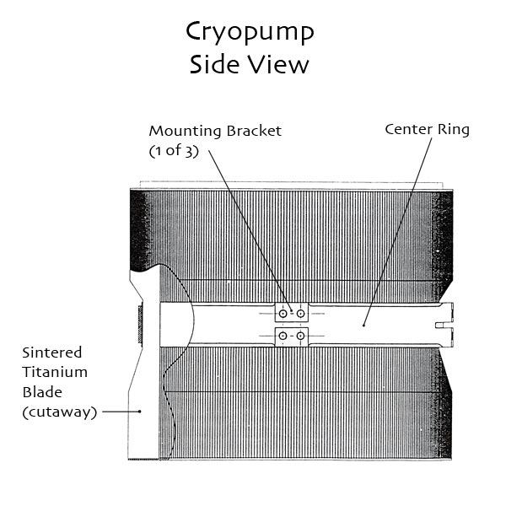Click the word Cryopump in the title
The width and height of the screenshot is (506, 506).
[x=250, y=33]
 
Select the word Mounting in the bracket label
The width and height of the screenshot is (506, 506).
[x=186, y=132]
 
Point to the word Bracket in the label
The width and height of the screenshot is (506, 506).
[x=254, y=131]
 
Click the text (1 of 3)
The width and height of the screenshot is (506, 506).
[x=174, y=151]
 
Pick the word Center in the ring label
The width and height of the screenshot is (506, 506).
[x=409, y=129]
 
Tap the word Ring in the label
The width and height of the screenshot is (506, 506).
[x=454, y=131]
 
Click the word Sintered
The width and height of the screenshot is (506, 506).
[x=52, y=353]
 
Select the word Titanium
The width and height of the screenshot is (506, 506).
[x=55, y=372]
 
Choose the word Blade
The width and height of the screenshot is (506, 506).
[x=42, y=392]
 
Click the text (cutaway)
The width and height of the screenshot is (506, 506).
[x=60, y=412]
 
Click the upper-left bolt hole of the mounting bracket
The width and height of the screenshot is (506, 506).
[x=283, y=314]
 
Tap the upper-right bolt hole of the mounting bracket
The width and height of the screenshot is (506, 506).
[x=300, y=314]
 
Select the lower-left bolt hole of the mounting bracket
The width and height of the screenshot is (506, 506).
[x=283, y=336]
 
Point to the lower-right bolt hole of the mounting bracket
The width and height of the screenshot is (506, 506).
[x=300, y=336]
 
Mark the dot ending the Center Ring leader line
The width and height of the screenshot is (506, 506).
[x=363, y=326]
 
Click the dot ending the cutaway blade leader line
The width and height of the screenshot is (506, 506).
[x=139, y=412]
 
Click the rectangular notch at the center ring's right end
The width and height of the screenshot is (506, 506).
[x=444, y=325]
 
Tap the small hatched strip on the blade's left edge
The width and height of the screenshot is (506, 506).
[x=140, y=324]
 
